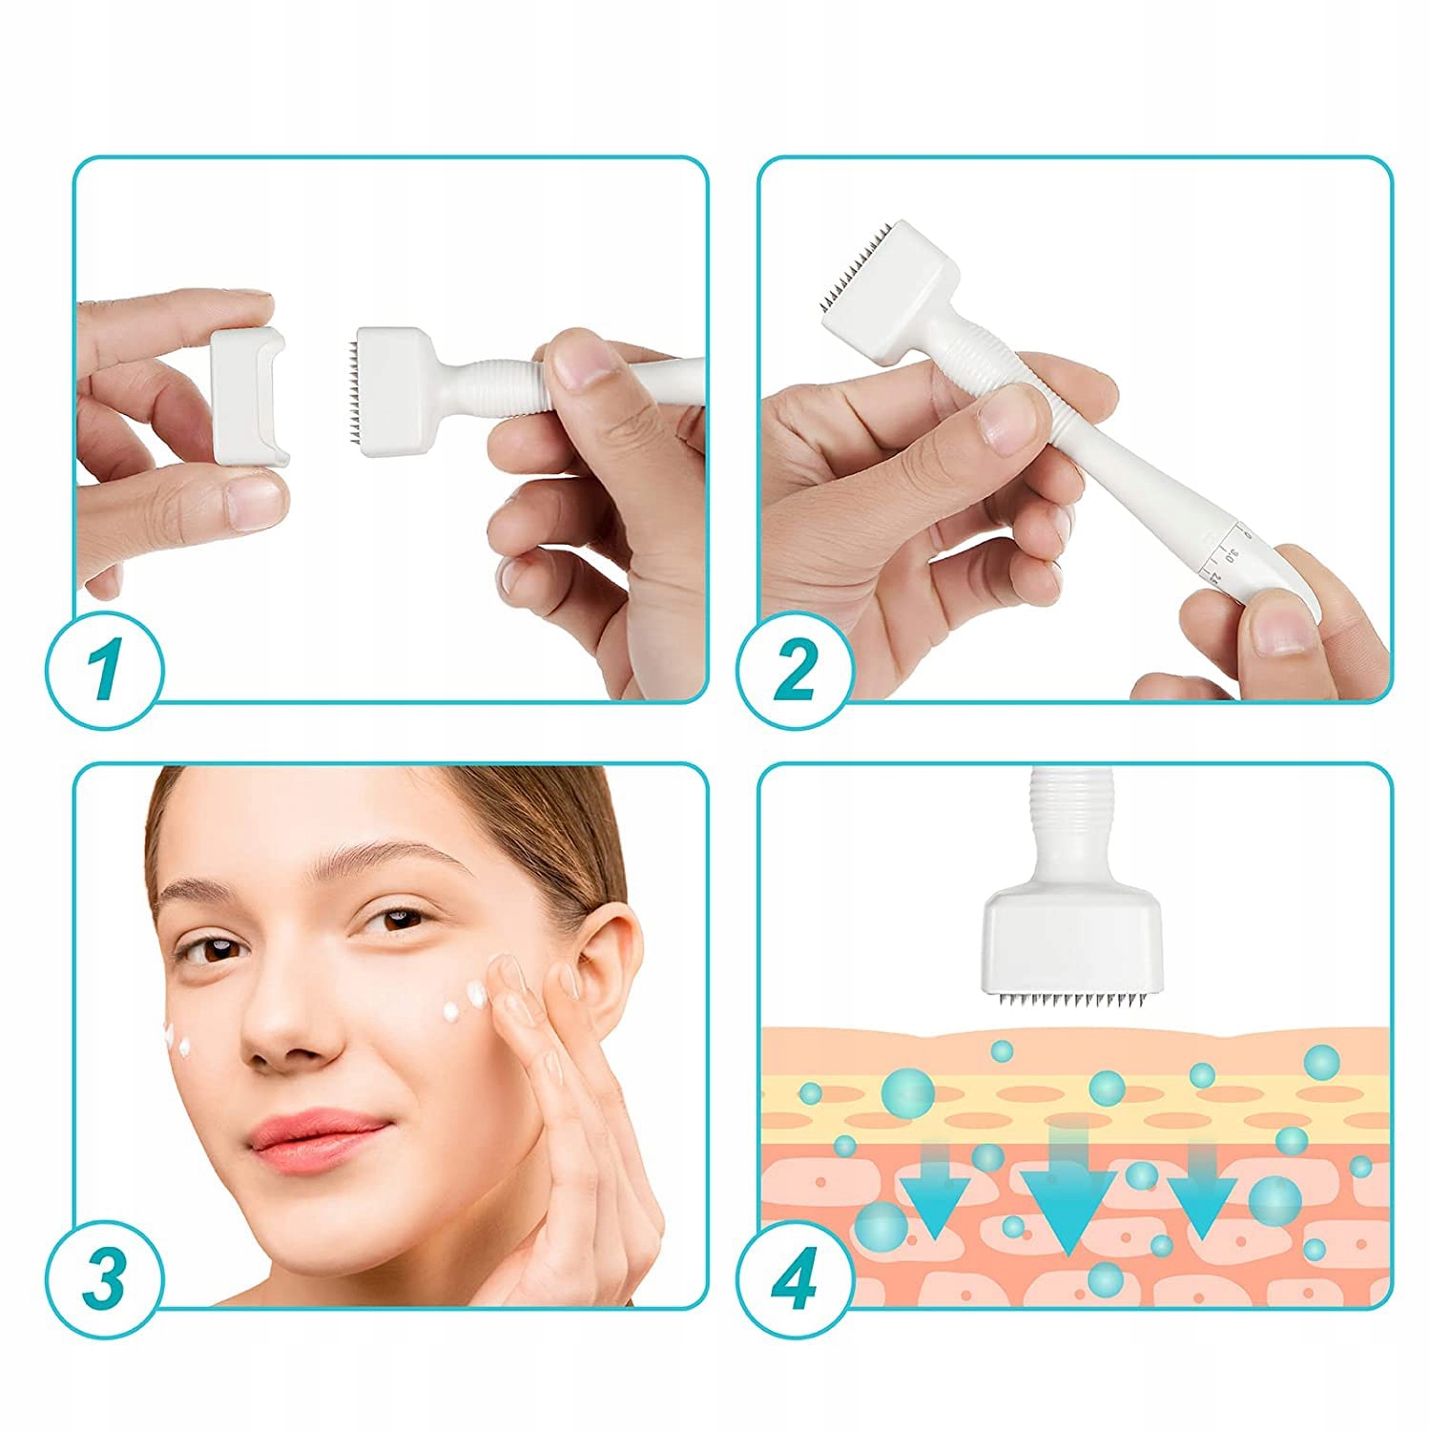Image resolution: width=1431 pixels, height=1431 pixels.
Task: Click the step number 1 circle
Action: [105, 671]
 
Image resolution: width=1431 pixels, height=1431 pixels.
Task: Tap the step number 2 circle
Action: [794, 671]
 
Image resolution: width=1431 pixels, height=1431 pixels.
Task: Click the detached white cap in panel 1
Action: [246, 394]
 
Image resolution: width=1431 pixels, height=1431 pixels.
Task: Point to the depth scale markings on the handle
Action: [1229, 553]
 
